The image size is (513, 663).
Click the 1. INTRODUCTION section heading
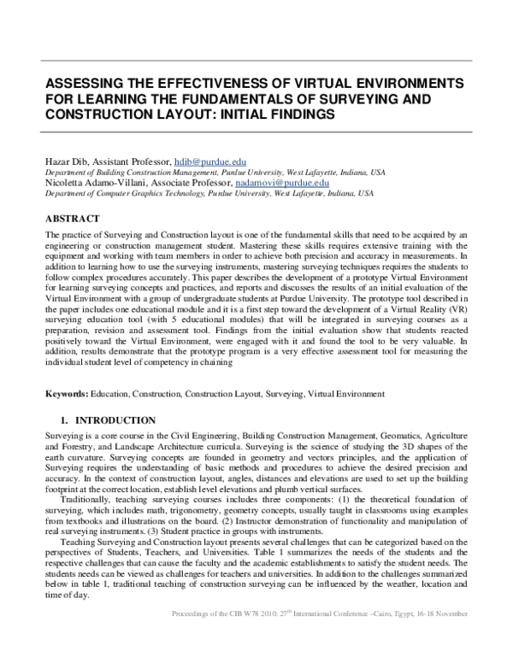point(106,420)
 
